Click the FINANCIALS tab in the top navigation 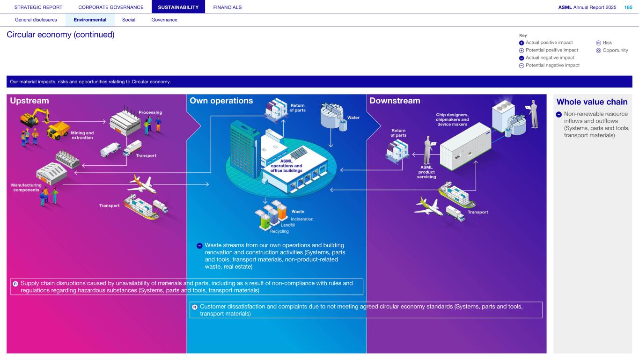coord(227,7)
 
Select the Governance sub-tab coord(164,20)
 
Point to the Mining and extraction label coord(82,135)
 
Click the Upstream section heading coord(28,101)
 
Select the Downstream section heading coord(395,101)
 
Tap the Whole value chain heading coord(592,102)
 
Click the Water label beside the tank coord(353,118)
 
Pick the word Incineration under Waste coord(302,219)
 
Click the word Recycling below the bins coord(279,231)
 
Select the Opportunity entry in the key coord(615,50)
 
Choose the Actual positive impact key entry coord(549,43)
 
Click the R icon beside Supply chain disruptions coord(15,283)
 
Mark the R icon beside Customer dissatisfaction coord(195,307)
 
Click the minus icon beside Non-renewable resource coord(559,114)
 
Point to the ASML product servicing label coord(426,172)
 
